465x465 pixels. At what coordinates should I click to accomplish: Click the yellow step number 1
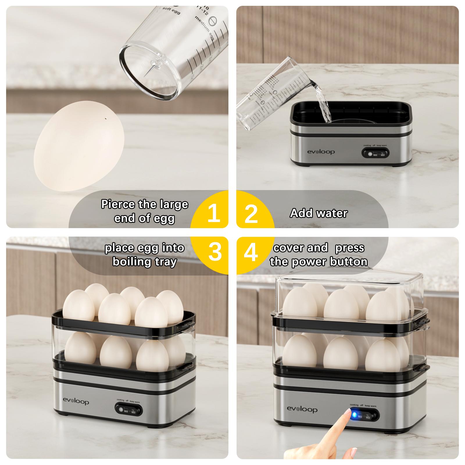(214, 213)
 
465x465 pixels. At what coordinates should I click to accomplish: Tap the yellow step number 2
(251, 214)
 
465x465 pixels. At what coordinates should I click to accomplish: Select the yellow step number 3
(215, 251)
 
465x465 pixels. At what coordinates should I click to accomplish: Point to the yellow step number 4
(251, 252)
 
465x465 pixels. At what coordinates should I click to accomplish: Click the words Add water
(319, 213)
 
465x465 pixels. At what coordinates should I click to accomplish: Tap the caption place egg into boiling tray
(144, 255)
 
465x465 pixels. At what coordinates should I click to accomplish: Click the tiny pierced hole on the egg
(106, 119)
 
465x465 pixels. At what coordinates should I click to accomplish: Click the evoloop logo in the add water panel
(321, 152)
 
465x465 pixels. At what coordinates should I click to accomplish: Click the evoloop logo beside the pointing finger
(302, 409)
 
